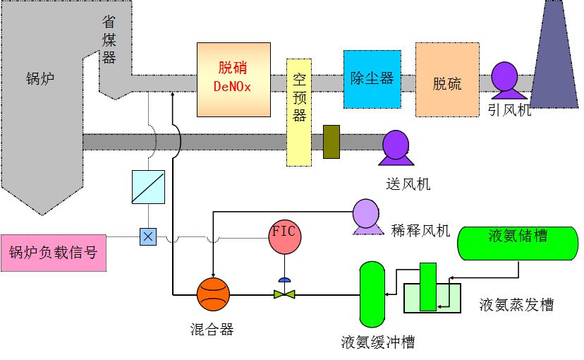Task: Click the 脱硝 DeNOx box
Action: pyautogui.click(x=233, y=79)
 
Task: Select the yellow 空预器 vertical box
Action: pyautogui.click(x=298, y=112)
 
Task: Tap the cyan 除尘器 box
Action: pyautogui.click(x=372, y=79)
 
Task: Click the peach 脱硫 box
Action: pyautogui.click(x=447, y=80)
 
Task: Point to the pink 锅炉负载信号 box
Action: pyautogui.click(x=54, y=253)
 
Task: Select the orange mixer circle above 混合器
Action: pyautogui.click(x=213, y=294)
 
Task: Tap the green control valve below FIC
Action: pyautogui.click(x=284, y=292)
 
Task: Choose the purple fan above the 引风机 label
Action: pyautogui.click(x=506, y=78)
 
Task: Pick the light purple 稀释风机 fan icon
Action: pyautogui.click(x=366, y=215)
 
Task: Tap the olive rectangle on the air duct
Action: pyautogui.click(x=331, y=141)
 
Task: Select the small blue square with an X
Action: pyautogui.click(x=148, y=236)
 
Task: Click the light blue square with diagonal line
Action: pyautogui.click(x=148, y=186)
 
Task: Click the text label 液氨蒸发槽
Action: pyautogui.click(x=516, y=305)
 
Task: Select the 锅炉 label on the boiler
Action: pyautogui.click(x=40, y=78)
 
